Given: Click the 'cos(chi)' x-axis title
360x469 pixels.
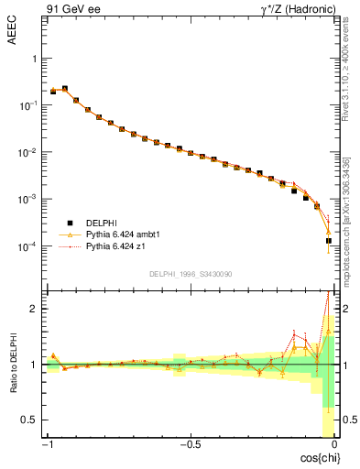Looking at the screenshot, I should pos(317,456).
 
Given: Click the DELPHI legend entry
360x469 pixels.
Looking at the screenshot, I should pos(103,223).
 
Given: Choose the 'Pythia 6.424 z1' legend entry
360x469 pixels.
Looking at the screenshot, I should pos(116,246).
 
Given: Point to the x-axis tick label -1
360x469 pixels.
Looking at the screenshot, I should pos(47,445).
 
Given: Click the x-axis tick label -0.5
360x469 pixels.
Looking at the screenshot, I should pos(190,445).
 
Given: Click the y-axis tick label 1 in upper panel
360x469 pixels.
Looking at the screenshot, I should pos(34,58).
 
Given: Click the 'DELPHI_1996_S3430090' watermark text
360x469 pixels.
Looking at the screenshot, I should pos(189,274).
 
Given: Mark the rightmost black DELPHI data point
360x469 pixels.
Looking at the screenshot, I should pos(329,241).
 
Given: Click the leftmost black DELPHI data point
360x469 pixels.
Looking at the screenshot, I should pos(53,92).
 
